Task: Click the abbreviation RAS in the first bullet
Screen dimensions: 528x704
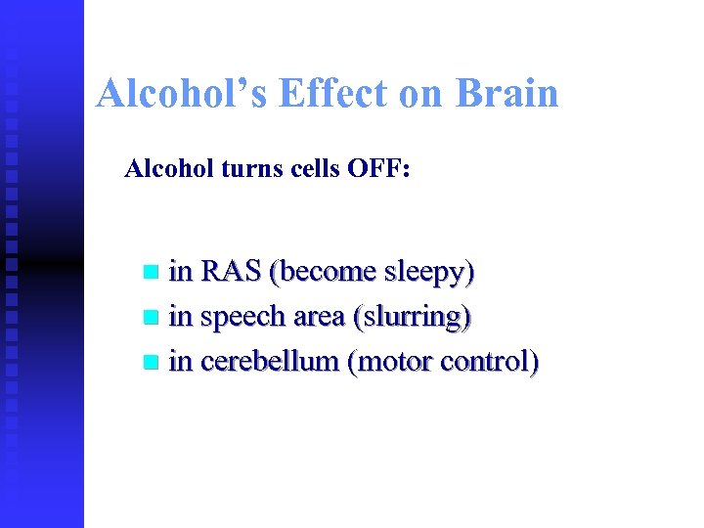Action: tap(235, 272)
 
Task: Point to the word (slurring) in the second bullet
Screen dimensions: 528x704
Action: tap(415, 318)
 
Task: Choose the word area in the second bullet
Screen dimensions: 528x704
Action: tap(322, 318)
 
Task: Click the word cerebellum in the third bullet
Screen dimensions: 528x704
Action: tap(268, 363)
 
